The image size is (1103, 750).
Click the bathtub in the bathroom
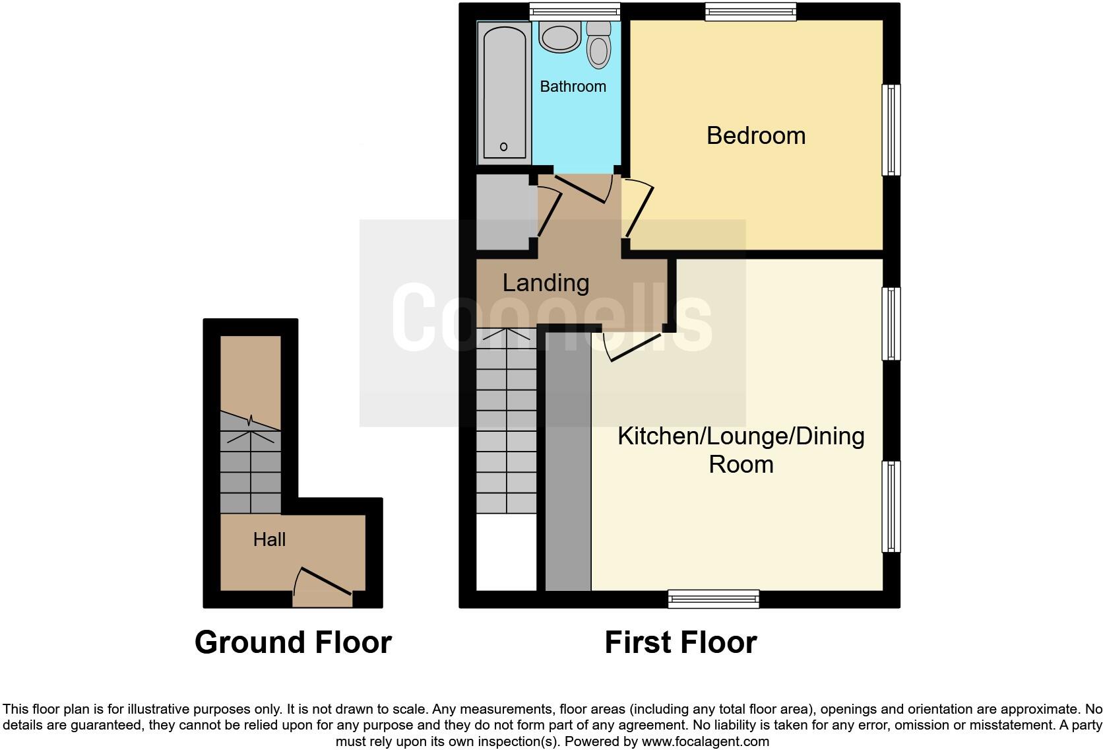pyautogui.click(x=505, y=92)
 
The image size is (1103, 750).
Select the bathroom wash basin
pyautogui.click(x=559, y=37)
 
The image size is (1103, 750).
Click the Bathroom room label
pyautogui.click(x=573, y=86)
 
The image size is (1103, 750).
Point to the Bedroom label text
pyautogui.click(x=755, y=135)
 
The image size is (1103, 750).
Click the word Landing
pyautogui.click(x=546, y=283)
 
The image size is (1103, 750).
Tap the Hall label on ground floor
pyautogui.click(x=269, y=539)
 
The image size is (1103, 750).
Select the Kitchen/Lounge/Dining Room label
pyautogui.click(x=741, y=450)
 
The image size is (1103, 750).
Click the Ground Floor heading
pyautogui.click(x=293, y=642)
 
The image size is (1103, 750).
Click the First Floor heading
pyautogui.click(x=680, y=642)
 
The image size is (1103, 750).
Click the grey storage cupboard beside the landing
pyautogui.click(x=505, y=211)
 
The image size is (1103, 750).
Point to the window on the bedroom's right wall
pyautogui.click(x=891, y=129)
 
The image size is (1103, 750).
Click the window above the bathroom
pyautogui.click(x=575, y=10)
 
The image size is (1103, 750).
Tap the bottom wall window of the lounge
pyautogui.click(x=713, y=599)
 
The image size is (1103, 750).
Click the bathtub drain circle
pyautogui.click(x=503, y=147)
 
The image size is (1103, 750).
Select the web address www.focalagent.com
pyautogui.click(x=705, y=741)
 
